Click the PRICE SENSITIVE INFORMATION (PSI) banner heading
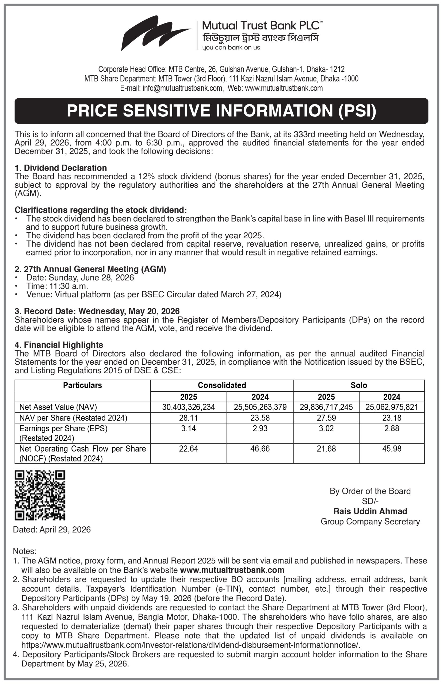click(221, 111)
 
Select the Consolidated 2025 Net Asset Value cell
click(188, 407)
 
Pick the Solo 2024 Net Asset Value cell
click(392, 407)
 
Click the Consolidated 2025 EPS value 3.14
click(188, 428)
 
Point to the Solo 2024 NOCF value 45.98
click(392, 449)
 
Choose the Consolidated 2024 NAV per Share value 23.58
click(260, 418)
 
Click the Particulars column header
click(83, 385)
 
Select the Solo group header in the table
click(359, 385)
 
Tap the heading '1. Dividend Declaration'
click(61, 168)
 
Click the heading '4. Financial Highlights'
click(59, 345)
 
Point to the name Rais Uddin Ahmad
click(370, 511)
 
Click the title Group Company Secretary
click(370, 521)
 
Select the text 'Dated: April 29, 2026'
click(52, 530)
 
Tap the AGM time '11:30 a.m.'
click(68, 286)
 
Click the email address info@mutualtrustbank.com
click(183, 88)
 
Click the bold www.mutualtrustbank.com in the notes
click(232, 570)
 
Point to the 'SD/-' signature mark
click(370, 501)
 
